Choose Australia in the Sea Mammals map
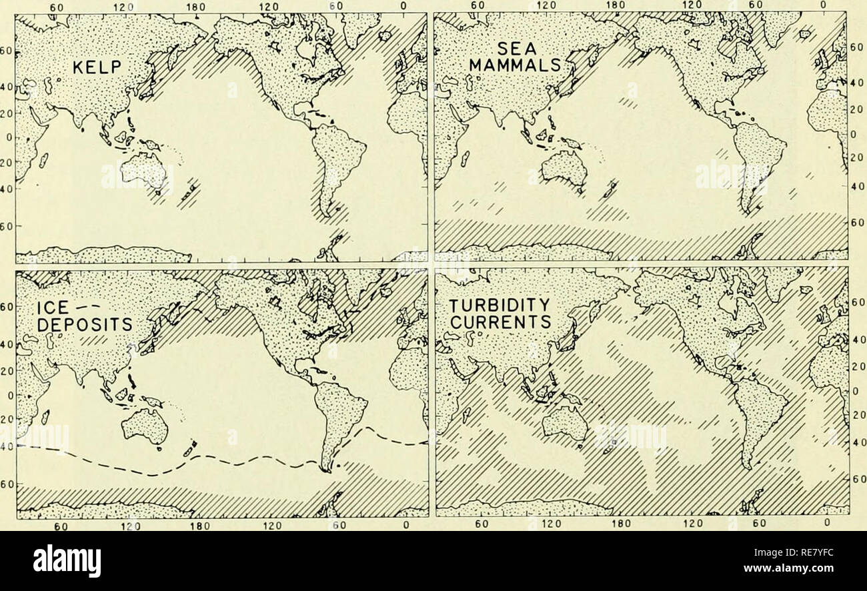click(564, 168)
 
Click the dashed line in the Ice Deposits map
click(153, 474)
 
